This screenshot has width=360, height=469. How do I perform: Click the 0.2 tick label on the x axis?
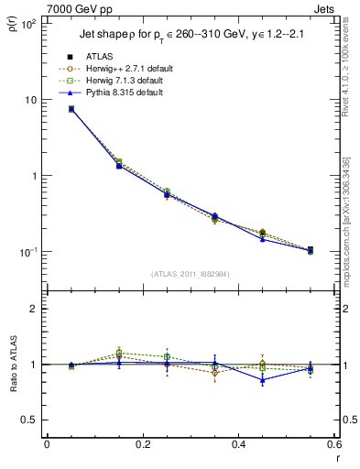click(x=142, y=443)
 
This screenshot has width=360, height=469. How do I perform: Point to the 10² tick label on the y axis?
click(x=27, y=24)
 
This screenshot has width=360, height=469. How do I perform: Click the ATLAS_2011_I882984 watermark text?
click(x=190, y=273)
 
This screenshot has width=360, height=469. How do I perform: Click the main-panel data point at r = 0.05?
click(x=71, y=109)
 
